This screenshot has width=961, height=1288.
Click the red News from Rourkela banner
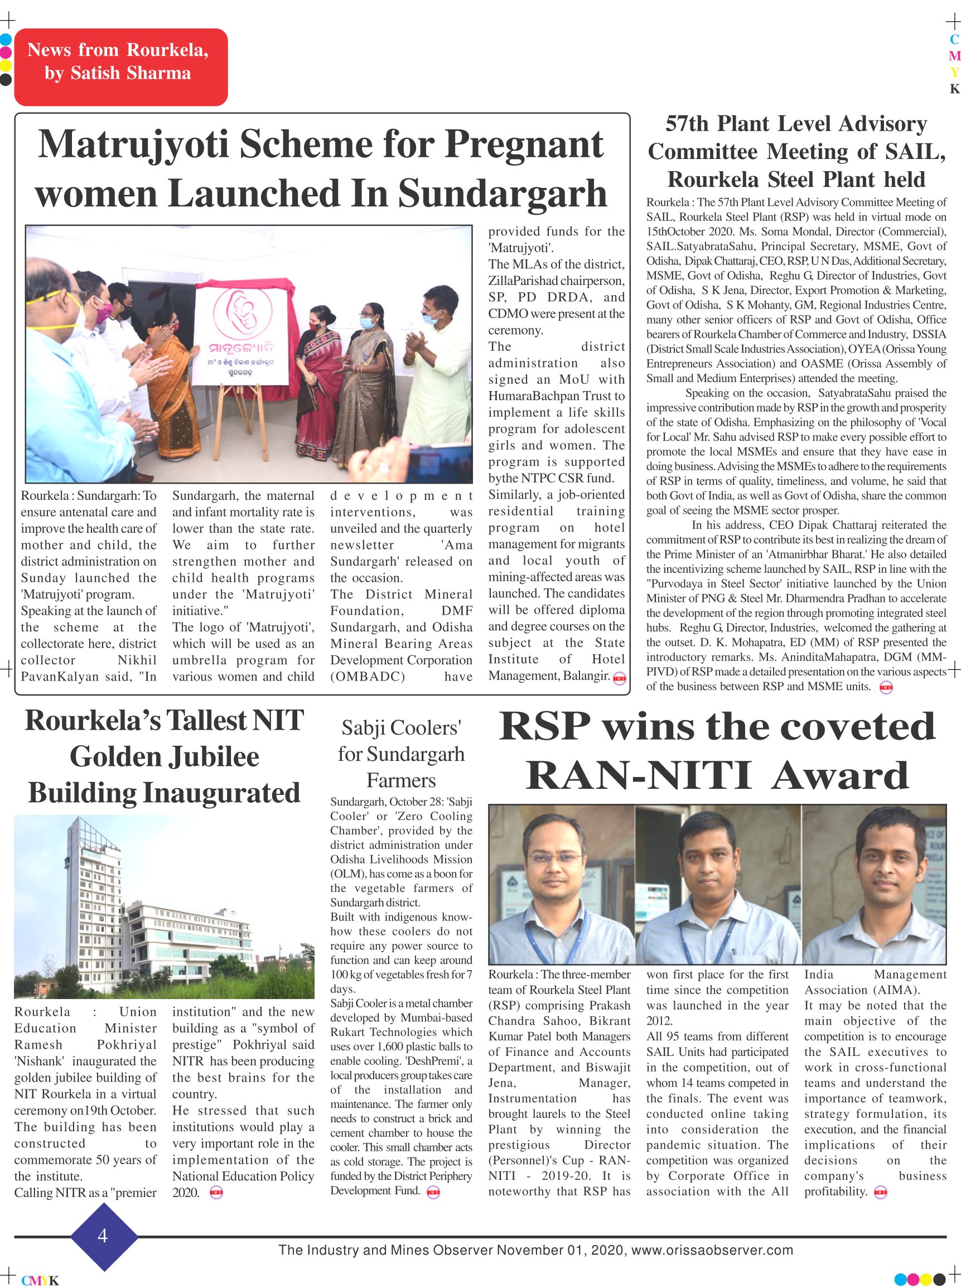(120, 67)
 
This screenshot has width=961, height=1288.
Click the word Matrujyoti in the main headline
(133, 145)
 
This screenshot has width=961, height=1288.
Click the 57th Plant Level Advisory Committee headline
(796, 151)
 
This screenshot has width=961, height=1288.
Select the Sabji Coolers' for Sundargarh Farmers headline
(401, 754)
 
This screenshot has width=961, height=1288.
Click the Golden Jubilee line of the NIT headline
(165, 757)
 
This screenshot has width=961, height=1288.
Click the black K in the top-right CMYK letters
(954, 89)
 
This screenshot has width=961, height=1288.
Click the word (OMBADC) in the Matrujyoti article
(368, 677)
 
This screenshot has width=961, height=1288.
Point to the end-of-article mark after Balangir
(619, 678)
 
